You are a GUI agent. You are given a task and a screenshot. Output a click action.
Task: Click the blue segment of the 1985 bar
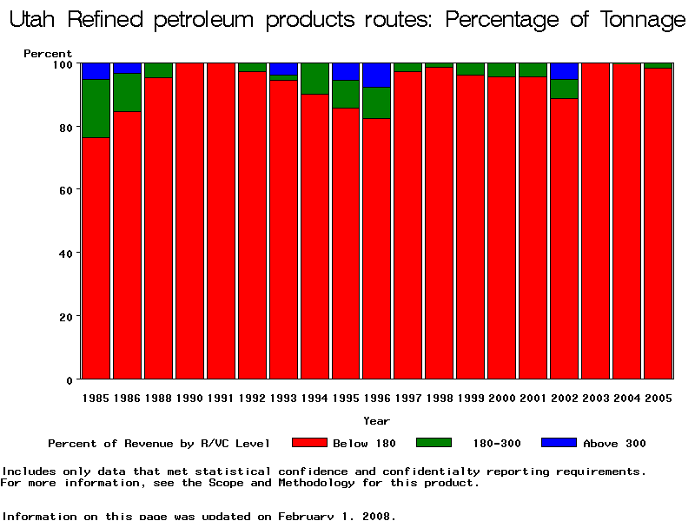pyautogui.click(x=96, y=71)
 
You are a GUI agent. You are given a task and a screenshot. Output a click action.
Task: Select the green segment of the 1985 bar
pyautogui.click(x=96, y=109)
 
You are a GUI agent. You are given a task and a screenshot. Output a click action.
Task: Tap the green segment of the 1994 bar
pyautogui.click(x=314, y=78)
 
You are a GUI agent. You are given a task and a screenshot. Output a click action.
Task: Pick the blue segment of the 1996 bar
pyautogui.click(x=377, y=76)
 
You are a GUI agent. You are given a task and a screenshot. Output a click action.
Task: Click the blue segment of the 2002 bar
pyautogui.click(x=565, y=71)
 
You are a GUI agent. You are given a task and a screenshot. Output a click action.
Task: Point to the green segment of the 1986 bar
pyautogui.click(x=127, y=92)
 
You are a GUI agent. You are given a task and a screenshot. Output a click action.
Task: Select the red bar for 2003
pyautogui.click(x=596, y=221)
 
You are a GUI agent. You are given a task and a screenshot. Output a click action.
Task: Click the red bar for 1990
pyautogui.click(x=189, y=221)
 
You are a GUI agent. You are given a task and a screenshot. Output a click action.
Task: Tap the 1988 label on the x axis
pyautogui.click(x=158, y=398)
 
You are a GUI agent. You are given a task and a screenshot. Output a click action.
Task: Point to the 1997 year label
pyautogui.click(x=408, y=398)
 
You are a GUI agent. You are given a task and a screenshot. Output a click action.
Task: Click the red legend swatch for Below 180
pyautogui.click(x=308, y=443)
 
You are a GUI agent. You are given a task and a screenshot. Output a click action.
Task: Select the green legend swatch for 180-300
pyautogui.click(x=434, y=443)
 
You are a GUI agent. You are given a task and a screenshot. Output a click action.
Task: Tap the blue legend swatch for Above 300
pyautogui.click(x=559, y=443)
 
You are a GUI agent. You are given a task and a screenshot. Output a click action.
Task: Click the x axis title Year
pyautogui.click(x=376, y=421)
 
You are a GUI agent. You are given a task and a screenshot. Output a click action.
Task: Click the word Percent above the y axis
pyautogui.click(x=48, y=54)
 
